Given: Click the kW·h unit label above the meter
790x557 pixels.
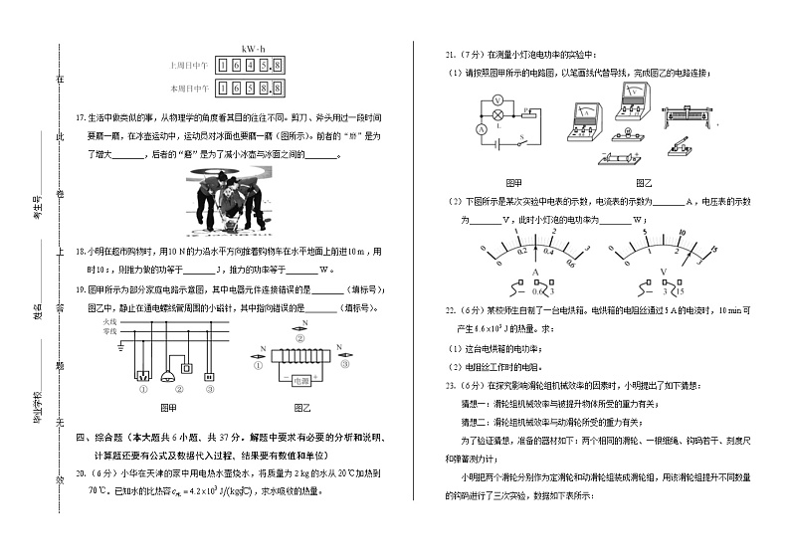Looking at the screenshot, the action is pyautogui.click(x=252, y=49).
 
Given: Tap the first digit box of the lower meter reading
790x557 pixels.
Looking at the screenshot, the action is pyautogui.click(x=224, y=89).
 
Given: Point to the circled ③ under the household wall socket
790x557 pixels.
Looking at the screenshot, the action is pyautogui.click(x=211, y=390).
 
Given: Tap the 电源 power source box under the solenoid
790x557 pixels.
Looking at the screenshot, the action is pyautogui.click(x=302, y=380).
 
